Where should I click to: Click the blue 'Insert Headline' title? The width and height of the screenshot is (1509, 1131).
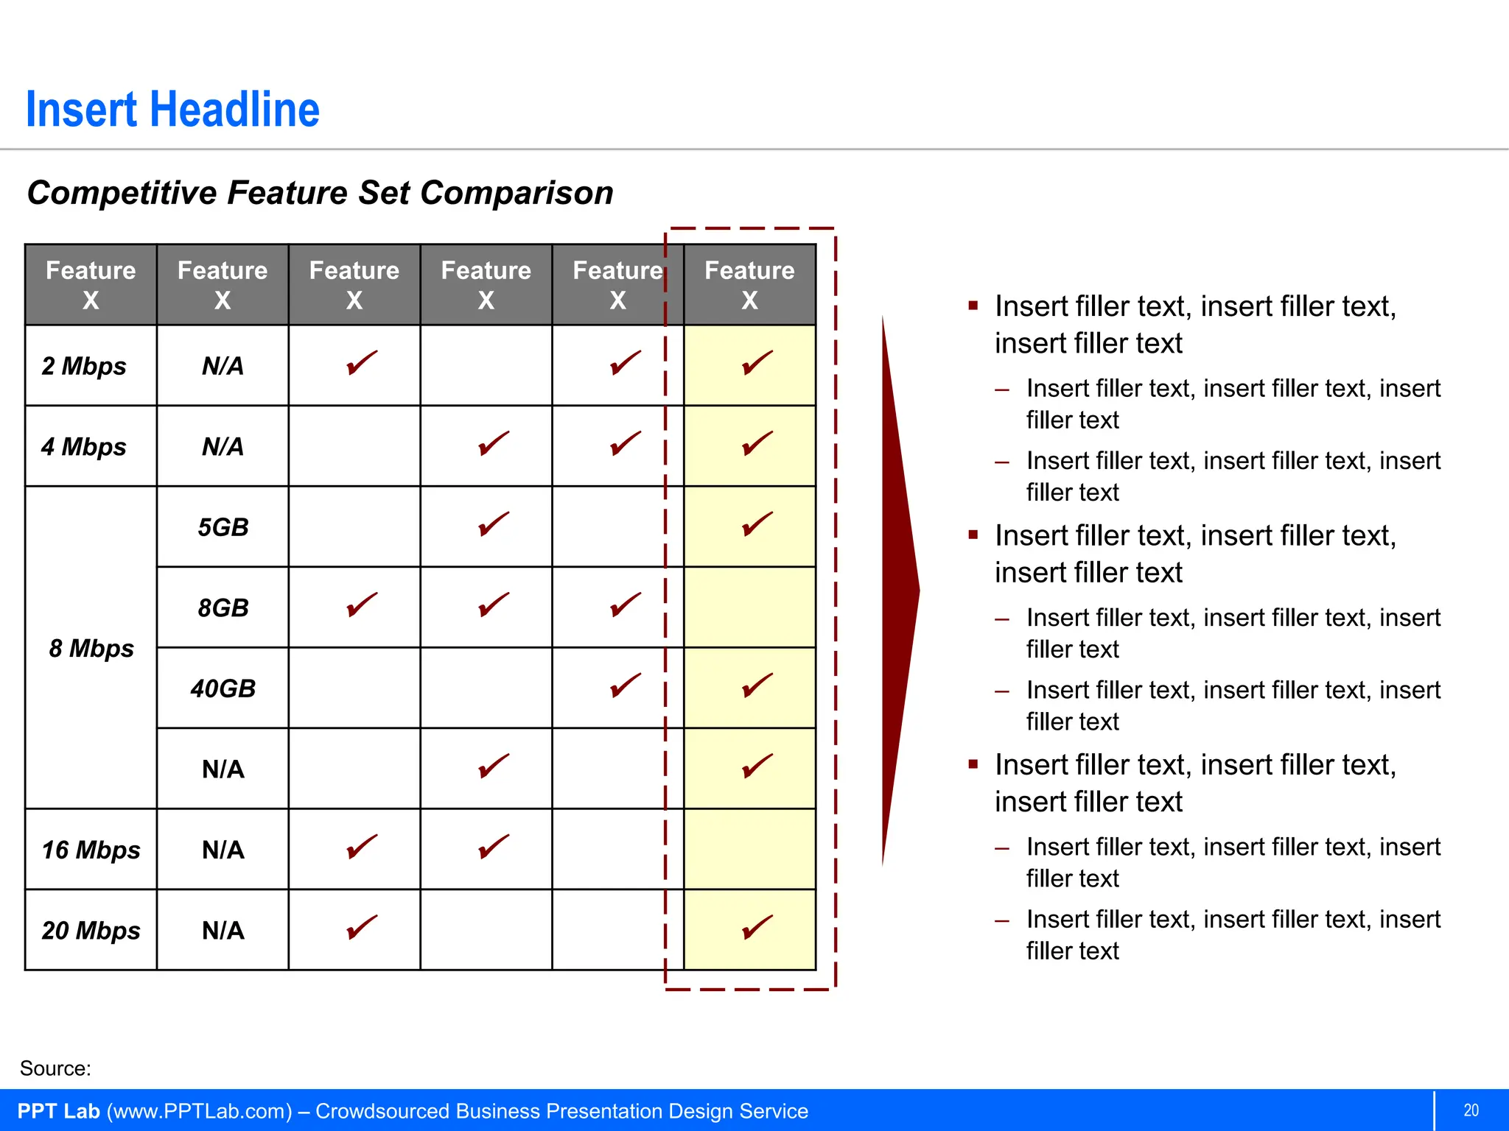[172, 110]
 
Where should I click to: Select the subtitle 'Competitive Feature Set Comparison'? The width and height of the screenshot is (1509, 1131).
[320, 193]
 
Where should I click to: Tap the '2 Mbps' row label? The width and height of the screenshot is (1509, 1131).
[84, 366]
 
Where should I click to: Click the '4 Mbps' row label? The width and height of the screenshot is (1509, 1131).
[84, 447]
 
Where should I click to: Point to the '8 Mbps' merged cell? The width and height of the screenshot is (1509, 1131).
[91, 648]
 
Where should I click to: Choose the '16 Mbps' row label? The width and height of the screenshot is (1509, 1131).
[91, 850]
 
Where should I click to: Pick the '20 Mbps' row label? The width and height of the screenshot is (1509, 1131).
[91, 931]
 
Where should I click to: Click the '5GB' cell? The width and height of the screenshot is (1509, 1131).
[223, 527]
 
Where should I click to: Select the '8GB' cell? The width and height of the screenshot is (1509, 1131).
[223, 608]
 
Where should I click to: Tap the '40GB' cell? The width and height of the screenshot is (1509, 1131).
[223, 688]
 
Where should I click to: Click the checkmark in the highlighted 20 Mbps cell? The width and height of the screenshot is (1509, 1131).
[757, 927]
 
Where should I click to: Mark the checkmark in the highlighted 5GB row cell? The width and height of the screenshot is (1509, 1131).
[757, 524]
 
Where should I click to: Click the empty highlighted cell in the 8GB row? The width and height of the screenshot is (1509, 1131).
[749, 607]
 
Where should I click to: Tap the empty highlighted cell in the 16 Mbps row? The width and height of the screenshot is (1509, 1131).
[749, 849]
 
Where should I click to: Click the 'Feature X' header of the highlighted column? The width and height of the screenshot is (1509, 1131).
[749, 285]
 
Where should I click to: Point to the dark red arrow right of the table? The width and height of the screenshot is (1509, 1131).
[899, 589]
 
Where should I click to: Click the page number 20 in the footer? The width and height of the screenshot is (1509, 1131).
[1471, 1110]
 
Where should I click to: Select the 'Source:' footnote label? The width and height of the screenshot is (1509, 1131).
[55, 1068]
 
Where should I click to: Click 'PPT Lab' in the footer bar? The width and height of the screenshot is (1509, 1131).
[58, 1111]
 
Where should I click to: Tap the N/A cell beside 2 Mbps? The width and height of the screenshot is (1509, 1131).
[223, 366]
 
